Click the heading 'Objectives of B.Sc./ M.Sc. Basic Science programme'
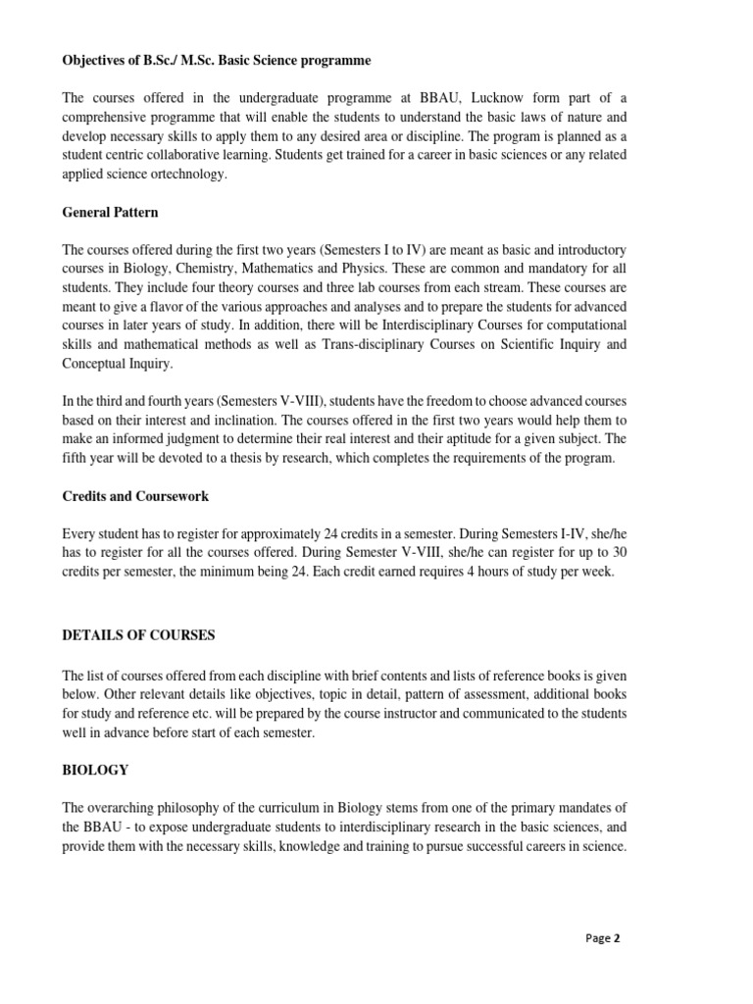coord(217,61)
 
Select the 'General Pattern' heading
coord(110,212)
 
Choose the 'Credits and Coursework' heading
coord(135,496)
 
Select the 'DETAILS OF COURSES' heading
coord(138,635)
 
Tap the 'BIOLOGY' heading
coord(95,770)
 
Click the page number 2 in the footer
coord(617,937)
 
